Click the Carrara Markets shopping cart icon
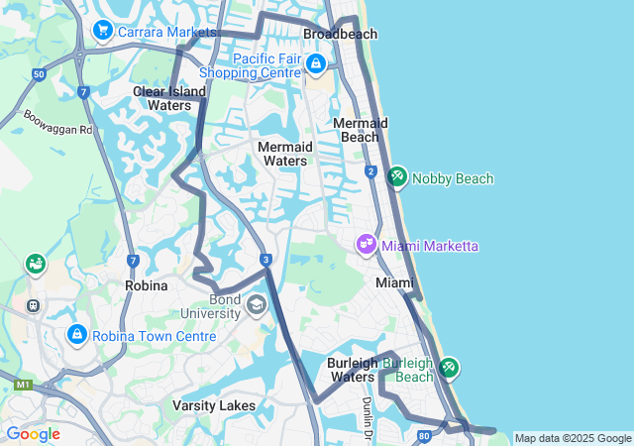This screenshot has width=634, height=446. pyautogui.click(x=101, y=32)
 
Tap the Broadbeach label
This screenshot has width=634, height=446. pyautogui.click(x=340, y=34)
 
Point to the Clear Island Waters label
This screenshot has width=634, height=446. pyautogui.click(x=169, y=98)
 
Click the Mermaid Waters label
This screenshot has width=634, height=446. pyautogui.click(x=284, y=153)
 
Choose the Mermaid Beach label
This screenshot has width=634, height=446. pyautogui.click(x=360, y=129)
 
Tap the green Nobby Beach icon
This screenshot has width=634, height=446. pyautogui.click(x=396, y=176)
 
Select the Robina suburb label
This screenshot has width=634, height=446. pyautogui.click(x=146, y=284)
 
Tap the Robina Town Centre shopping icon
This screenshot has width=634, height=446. pyautogui.click(x=76, y=335)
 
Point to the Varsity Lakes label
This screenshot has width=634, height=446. pyautogui.click(x=214, y=405)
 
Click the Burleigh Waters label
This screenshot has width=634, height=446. pyautogui.click(x=352, y=370)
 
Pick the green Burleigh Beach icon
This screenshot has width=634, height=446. pyautogui.click(x=449, y=368)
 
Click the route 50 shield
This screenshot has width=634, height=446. pyautogui.click(x=38, y=74)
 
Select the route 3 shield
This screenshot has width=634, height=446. pyautogui.click(x=266, y=260)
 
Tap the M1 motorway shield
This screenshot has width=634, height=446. pyautogui.click(x=23, y=383)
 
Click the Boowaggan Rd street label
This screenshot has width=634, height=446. pyautogui.click(x=57, y=122)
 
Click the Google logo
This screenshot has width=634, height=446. pyautogui.click(x=33, y=434)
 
